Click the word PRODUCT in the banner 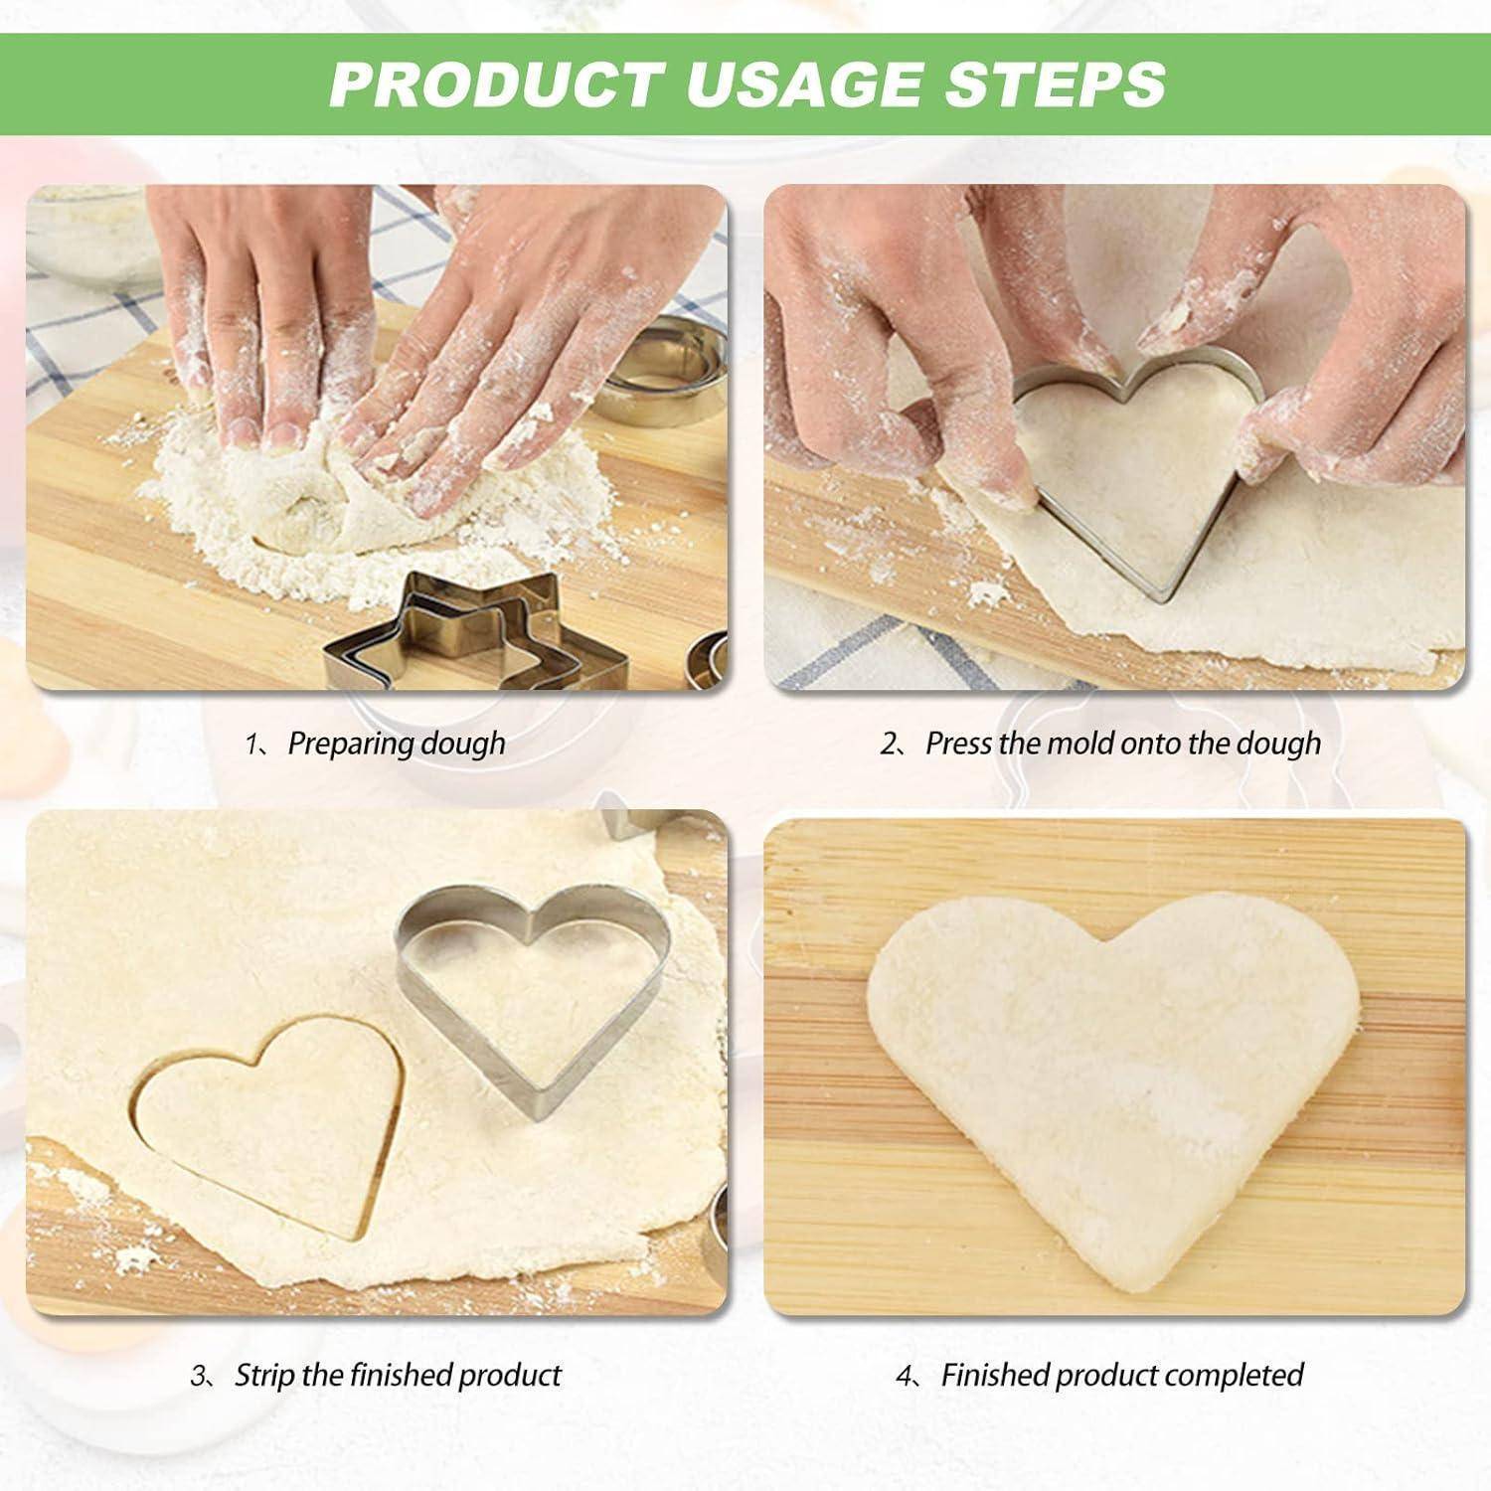[496, 83]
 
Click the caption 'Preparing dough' [396, 744]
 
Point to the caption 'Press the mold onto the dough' [1123, 744]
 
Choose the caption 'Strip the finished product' [398, 1376]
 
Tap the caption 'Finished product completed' [1122, 1376]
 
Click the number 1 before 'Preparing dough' [251, 745]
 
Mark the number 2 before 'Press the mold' [889, 745]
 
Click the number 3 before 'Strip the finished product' [199, 1377]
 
